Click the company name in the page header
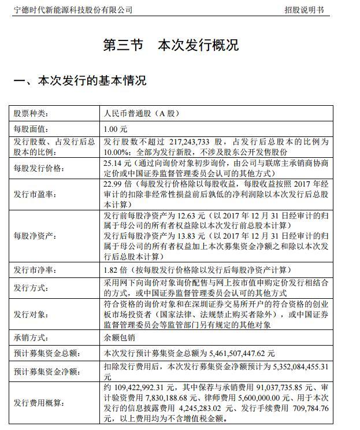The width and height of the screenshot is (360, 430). (x=73, y=10)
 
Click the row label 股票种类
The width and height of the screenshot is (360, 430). (x=32, y=114)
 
